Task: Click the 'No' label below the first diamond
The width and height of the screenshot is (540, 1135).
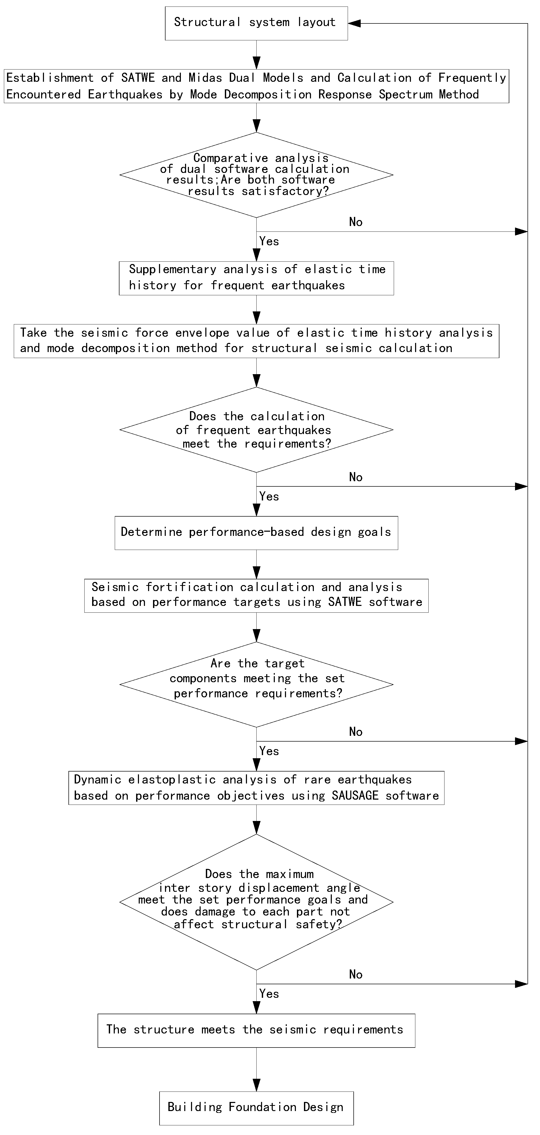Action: tap(355, 222)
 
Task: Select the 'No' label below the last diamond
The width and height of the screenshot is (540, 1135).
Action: tap(355, 975)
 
